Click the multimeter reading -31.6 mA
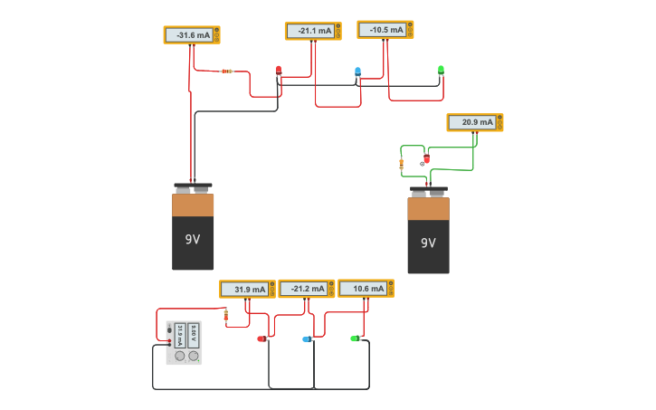click(191, 35)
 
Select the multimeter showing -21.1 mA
click(312, 31)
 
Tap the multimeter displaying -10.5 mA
click(385, 30)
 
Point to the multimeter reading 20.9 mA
click(474, 122)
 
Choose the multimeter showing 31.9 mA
click(247, 290)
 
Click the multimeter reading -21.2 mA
click(306, 289)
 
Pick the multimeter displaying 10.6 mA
click(366, 289)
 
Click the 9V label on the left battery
click(193, 240)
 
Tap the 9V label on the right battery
click(428, 243)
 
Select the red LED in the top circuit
click(279, 70)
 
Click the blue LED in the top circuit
click(357, 71)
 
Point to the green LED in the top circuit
click(441, 70)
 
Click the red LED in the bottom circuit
click(261, 338)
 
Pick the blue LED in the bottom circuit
click(307, 339)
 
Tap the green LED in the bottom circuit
click(355, 338)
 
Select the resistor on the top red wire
click(226, 72)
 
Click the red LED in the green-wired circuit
click(426, 159)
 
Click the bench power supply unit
click(184, 343)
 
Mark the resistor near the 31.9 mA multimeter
click(225, 316)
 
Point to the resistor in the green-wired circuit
click(401, 164)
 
